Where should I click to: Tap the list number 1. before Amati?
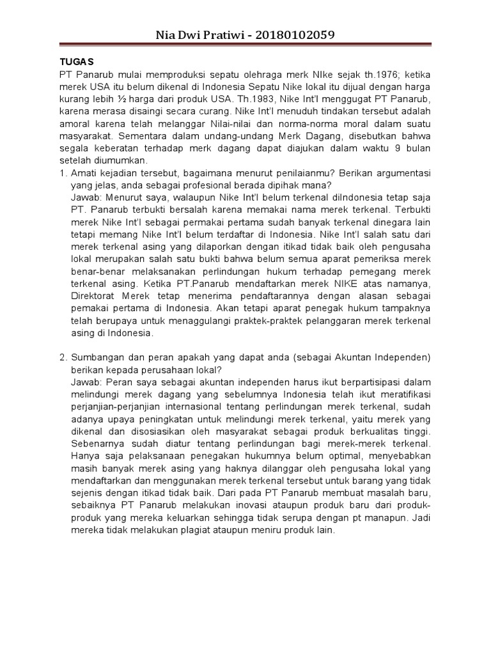click(x=63, y=173)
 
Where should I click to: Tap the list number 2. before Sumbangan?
click(x=63, y=355)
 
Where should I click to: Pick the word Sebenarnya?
click(x=98, y=443)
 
